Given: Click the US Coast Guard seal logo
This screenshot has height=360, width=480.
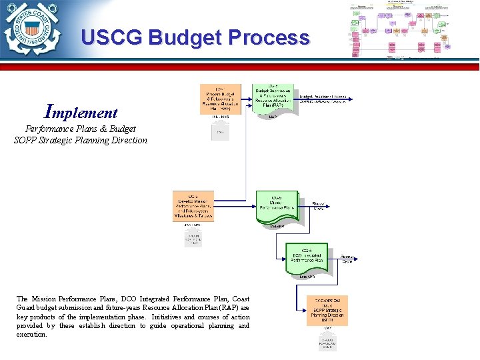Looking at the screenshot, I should pos(30,30).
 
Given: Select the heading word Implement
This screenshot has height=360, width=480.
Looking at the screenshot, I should pos(81,111).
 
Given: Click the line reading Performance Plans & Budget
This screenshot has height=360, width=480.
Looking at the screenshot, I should pos(81,129).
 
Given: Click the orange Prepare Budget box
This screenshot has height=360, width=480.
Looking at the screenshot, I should pos(220,99).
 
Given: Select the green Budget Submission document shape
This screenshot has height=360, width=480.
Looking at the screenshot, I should pos(274,99).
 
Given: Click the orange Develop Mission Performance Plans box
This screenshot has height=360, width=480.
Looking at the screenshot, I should pos(193,206).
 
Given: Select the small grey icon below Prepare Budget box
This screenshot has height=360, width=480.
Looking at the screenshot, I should pos(220,133).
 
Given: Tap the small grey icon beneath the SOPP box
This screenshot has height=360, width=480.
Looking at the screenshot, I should pos(327,341).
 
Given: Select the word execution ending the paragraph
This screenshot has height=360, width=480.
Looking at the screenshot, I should pos(31,335).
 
